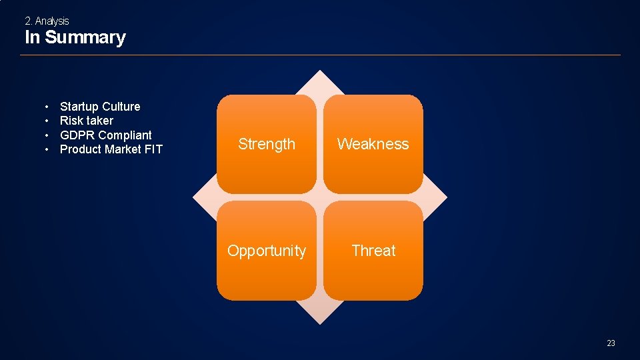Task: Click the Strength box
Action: click(x=267, y=144)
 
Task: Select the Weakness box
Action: click(x=373, y=144)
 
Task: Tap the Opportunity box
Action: click(x=267, y=251)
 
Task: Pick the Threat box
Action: click(x=373, y=251)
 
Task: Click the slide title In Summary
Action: click(x=75, y=37)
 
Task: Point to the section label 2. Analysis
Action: click(x=47, y=21)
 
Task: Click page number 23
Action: click(x=611, y=343)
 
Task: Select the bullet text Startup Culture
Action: click(x=100, y=107)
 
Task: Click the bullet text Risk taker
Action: click(x=87, y=121)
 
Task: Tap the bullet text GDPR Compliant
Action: click(x=106, y=135)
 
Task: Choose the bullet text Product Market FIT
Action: click(x=111, y=149)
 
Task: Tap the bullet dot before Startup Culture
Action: click(x=47, y=107)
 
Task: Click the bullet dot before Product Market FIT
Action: click(x=47, y=150)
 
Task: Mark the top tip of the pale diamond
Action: click(x=320, y=70)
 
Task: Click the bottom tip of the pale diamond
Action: click(x=320, y=325)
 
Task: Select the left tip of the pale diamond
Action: click(x=193, y=197)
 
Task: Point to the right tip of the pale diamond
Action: click(x=447, y=197)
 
